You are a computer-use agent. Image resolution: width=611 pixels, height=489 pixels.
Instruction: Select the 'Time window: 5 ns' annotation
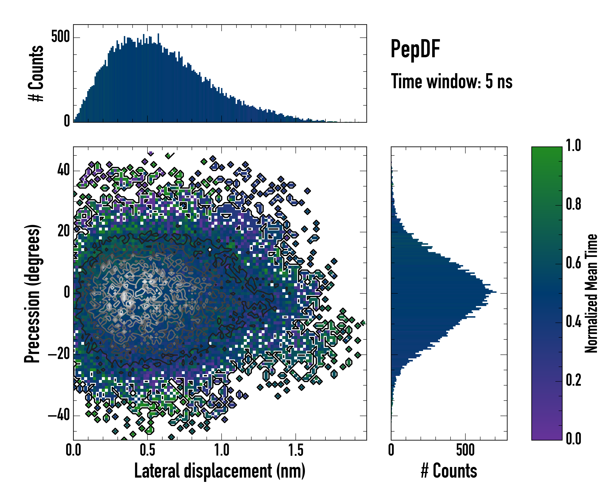(x=452, y=81)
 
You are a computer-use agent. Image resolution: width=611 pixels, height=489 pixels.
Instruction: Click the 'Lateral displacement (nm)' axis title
(x=220, y=471)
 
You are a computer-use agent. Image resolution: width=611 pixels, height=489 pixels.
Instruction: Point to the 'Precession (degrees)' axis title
(x=32, y=293)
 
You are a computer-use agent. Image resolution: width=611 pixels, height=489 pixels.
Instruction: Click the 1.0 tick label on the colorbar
(x=573, y=145)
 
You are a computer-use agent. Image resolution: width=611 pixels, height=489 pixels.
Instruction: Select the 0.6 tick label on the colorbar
(x=573, y=263)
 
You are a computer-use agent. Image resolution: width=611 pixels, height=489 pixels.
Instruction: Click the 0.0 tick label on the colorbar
(x=573, y=438)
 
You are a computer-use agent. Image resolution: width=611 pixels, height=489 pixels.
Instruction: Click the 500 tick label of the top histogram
(x=60, y=37)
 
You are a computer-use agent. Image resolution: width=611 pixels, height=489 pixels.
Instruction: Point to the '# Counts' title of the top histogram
(x=36, y=73)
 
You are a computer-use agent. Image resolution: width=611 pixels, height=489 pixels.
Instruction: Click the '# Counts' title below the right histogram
(x=449, y=471)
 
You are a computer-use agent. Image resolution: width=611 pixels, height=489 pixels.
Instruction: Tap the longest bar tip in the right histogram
(x=496, y=292)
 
